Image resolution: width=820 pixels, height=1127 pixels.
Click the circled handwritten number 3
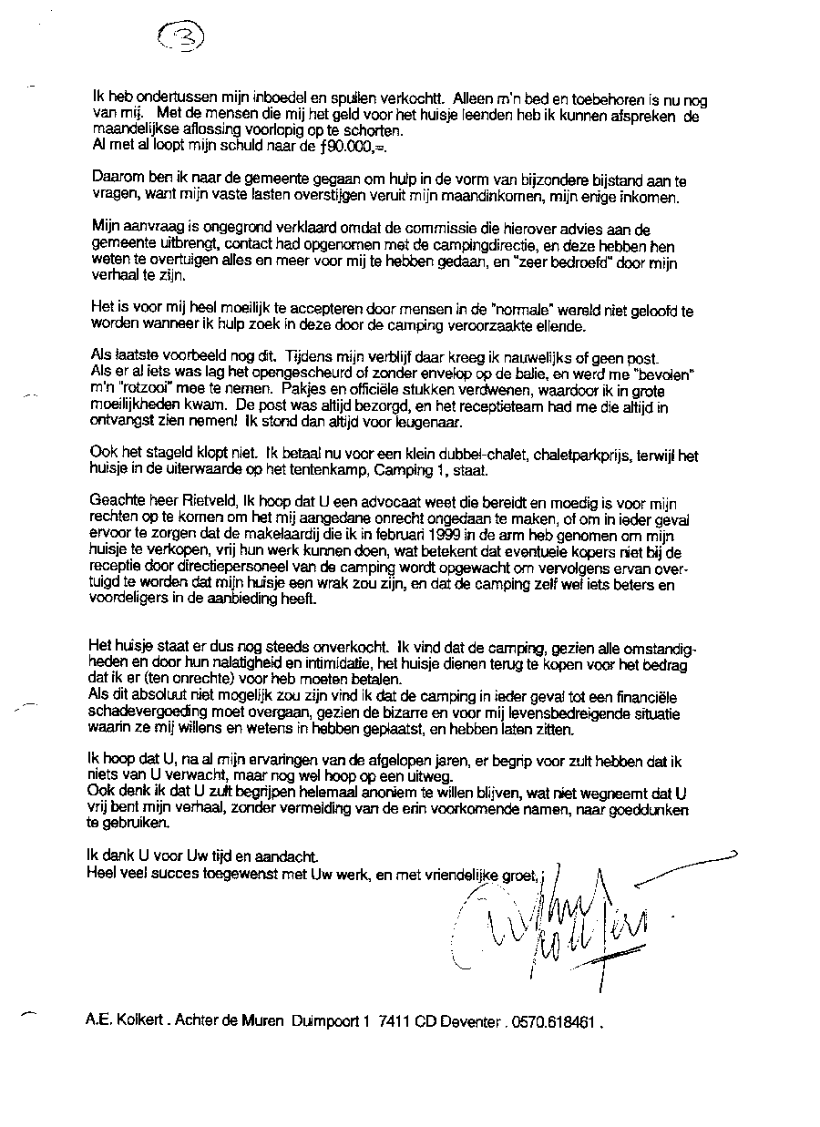coord(181,36)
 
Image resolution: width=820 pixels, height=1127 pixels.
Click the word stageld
coord(164,452)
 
